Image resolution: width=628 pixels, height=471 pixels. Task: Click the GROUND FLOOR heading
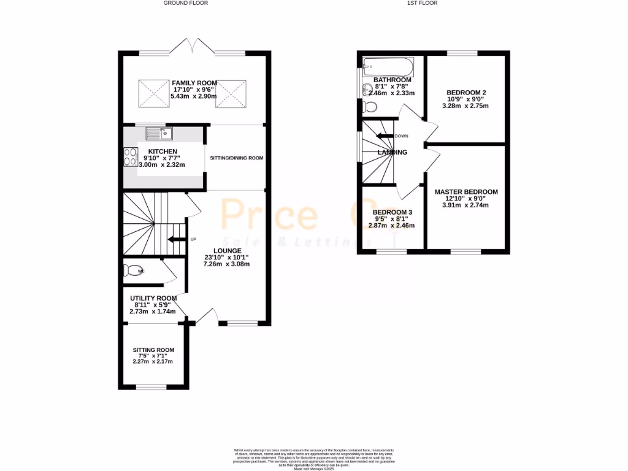[x=185, y=3]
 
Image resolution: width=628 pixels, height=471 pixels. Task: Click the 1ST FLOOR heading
[x=423, y=3]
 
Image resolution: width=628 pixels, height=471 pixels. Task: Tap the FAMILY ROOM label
[x=194, y=83]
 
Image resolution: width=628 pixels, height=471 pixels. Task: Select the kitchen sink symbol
[x=160, y=132]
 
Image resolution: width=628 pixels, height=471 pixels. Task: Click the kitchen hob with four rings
[x=131, y=157]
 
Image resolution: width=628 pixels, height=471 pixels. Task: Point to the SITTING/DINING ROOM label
[x=236, y=158]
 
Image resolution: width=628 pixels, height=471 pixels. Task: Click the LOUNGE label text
[x=227, y=251]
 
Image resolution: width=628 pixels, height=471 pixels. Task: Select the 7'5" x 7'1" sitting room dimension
[x=153, y=356]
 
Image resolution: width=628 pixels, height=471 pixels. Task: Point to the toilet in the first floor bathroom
[x=370, y=107]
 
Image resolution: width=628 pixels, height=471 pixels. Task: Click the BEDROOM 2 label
[x=466, y=92]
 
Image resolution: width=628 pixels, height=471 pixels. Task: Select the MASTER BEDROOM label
[x=466, y=191]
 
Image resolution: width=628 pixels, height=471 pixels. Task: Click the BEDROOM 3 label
[x=392, y=212]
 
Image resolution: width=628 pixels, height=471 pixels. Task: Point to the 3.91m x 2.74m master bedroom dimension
[x=466, y=205]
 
